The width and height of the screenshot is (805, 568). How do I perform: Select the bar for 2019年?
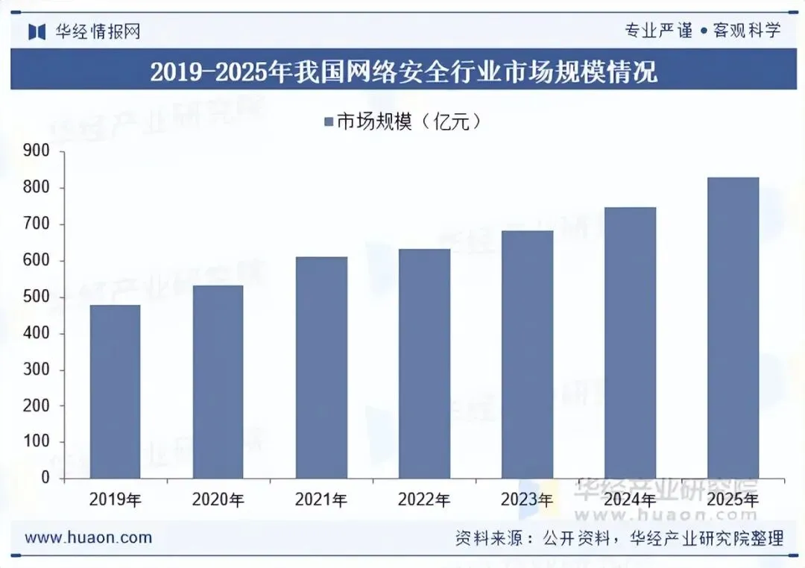coord(115,392)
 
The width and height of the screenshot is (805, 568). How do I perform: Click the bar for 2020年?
coord(218,382)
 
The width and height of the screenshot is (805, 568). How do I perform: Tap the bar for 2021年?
coord(321,367)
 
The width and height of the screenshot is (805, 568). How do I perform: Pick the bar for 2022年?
coord(425,364)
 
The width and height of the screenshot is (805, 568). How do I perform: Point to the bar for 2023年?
coord(527,355)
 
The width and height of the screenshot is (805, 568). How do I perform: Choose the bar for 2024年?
coord(630,343)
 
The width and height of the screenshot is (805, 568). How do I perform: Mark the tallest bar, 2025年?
coord(733,328)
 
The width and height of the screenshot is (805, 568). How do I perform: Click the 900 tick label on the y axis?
coord(37,151)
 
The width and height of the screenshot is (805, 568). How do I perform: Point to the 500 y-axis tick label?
coord(37,297)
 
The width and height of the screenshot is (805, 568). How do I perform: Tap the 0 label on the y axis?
coord(45,478)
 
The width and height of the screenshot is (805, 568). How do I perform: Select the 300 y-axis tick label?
coord(37,369)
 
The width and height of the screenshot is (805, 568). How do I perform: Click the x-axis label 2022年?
coord(424,499)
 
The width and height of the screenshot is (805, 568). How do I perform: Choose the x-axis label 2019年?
coord(116,499)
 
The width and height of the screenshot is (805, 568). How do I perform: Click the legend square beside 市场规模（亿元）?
coord(329,122)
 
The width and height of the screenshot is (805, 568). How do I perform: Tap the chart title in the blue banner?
coord(403,72)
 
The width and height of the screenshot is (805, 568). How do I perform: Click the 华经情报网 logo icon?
coord(37,32)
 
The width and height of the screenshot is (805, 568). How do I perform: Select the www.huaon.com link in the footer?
coord(88,537)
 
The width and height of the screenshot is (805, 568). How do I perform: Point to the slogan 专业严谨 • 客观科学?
coord(703,31)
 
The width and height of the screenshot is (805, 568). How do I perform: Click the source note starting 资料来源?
coord(619,538)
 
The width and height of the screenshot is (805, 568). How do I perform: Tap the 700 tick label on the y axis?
coord(37,224)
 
